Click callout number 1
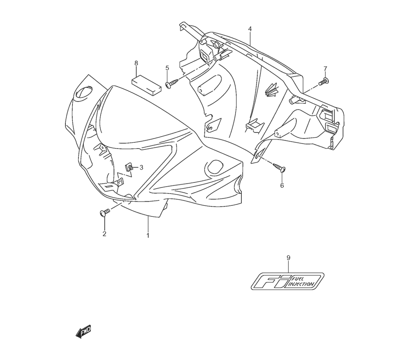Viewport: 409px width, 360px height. click(x=148, y=236)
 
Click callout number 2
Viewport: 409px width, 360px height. click(x=104, y=234)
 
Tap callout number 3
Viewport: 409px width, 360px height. click(x=142, y=167)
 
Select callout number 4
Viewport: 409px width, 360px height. click(x=249, y=29)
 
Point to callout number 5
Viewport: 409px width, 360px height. click(x=167, y=68)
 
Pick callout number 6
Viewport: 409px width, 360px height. click(x=282, y=185)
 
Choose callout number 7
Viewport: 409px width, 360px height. click(x=325, y=68)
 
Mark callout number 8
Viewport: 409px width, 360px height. click(x=136, y=63)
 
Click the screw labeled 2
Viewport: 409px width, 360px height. click(x=105, y=212)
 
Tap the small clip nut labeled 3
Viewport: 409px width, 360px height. click(x=128, y=167)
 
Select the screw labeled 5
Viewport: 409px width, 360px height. click(x=172, y=83)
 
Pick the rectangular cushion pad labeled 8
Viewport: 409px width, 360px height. click(x=146, y=85)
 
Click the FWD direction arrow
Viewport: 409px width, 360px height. click(x=83, y=332)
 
